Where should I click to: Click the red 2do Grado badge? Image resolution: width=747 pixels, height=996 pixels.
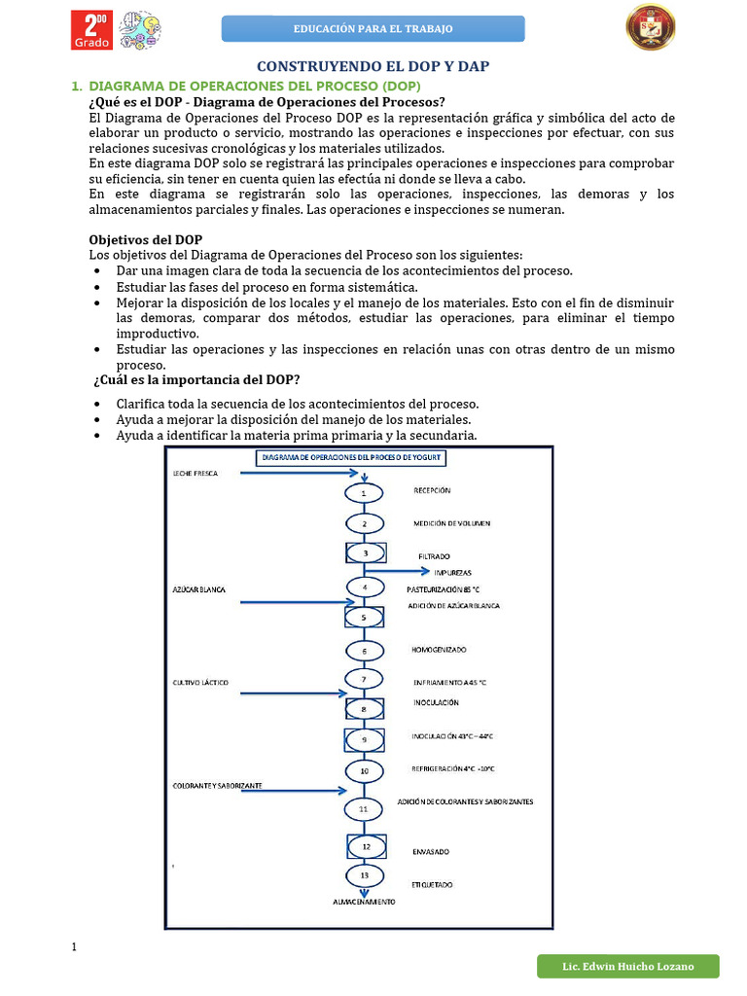pyautogui.click(x=92, y=30)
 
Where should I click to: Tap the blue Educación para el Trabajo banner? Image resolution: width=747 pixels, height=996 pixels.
pyautogui.click(x=373, y=29)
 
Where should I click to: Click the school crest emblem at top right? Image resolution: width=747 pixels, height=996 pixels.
pyautogui.click(x=650, y=27)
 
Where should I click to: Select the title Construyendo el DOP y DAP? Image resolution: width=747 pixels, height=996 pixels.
pyautogui.click(x=373, y=66)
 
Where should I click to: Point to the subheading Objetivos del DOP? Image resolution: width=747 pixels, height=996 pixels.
pyautogui.click(x=146, y=239)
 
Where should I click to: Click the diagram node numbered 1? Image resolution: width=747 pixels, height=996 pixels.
pyautogui.click(x=365, y=493)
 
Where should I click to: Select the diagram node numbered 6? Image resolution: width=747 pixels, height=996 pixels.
pyautogui.click(x=365, y=651)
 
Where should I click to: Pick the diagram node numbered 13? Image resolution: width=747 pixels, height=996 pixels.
pyautogui.click(x=365, y=875)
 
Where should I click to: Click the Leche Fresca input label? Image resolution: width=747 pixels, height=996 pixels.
pyautogui.click(x=196, y=474)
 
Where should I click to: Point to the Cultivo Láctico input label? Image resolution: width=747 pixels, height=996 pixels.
pyautogui.click(x=200, y=683)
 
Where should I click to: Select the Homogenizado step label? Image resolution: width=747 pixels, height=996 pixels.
pyautogui.click(x=440, y=649)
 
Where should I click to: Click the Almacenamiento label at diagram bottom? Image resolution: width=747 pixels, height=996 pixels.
pyautogui.click(x=365, y=902)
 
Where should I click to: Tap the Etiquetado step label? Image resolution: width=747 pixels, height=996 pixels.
pyautogui.click(x=433, y=884)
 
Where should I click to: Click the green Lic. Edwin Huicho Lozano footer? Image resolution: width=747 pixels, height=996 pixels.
pyautogui.click(x=628, y=966)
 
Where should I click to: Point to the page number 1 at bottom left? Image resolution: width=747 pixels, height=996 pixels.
pyautogui.click(x=74, y=947)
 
